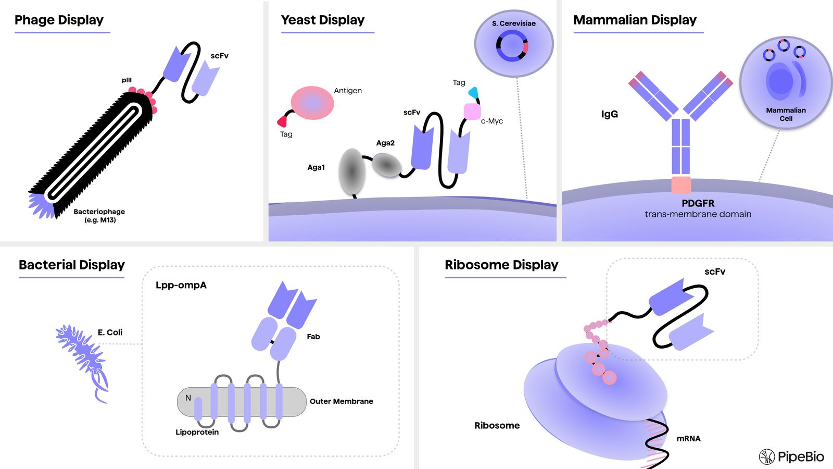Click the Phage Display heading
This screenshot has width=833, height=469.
click(x=59, y=20)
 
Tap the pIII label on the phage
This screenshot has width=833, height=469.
click(x=127, y=80)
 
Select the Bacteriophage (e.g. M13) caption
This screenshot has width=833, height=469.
click(x=99, y=215)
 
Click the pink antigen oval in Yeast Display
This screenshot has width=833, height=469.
click(x=312, y=103)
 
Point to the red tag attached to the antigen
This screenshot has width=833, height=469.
click(x=283, y=121)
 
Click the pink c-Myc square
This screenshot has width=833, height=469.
click(x=472, y=112)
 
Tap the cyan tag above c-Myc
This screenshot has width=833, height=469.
click(x=473, y=93)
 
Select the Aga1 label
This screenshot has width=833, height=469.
click(x=316, y=167)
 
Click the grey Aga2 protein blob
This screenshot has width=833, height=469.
click(x=386, y=165)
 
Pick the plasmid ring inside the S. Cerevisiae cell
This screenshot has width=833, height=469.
click(x=512, y=45)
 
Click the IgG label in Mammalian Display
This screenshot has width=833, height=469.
click(x=610, y=114)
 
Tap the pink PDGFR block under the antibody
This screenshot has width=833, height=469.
click(x=681, y=185)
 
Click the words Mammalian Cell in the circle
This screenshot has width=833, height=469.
click(x=786, y=114)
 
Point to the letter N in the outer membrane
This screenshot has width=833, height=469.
click(x=188, y=398)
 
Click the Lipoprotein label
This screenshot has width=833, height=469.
click(x=197, y=432)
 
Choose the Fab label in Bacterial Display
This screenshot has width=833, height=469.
click(x=313, y=337)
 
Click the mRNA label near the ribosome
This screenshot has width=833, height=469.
click(x=688, y=439)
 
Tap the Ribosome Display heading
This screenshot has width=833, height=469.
click(x=501, y=265)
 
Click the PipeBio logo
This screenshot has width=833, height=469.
click(x=791, y=457)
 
